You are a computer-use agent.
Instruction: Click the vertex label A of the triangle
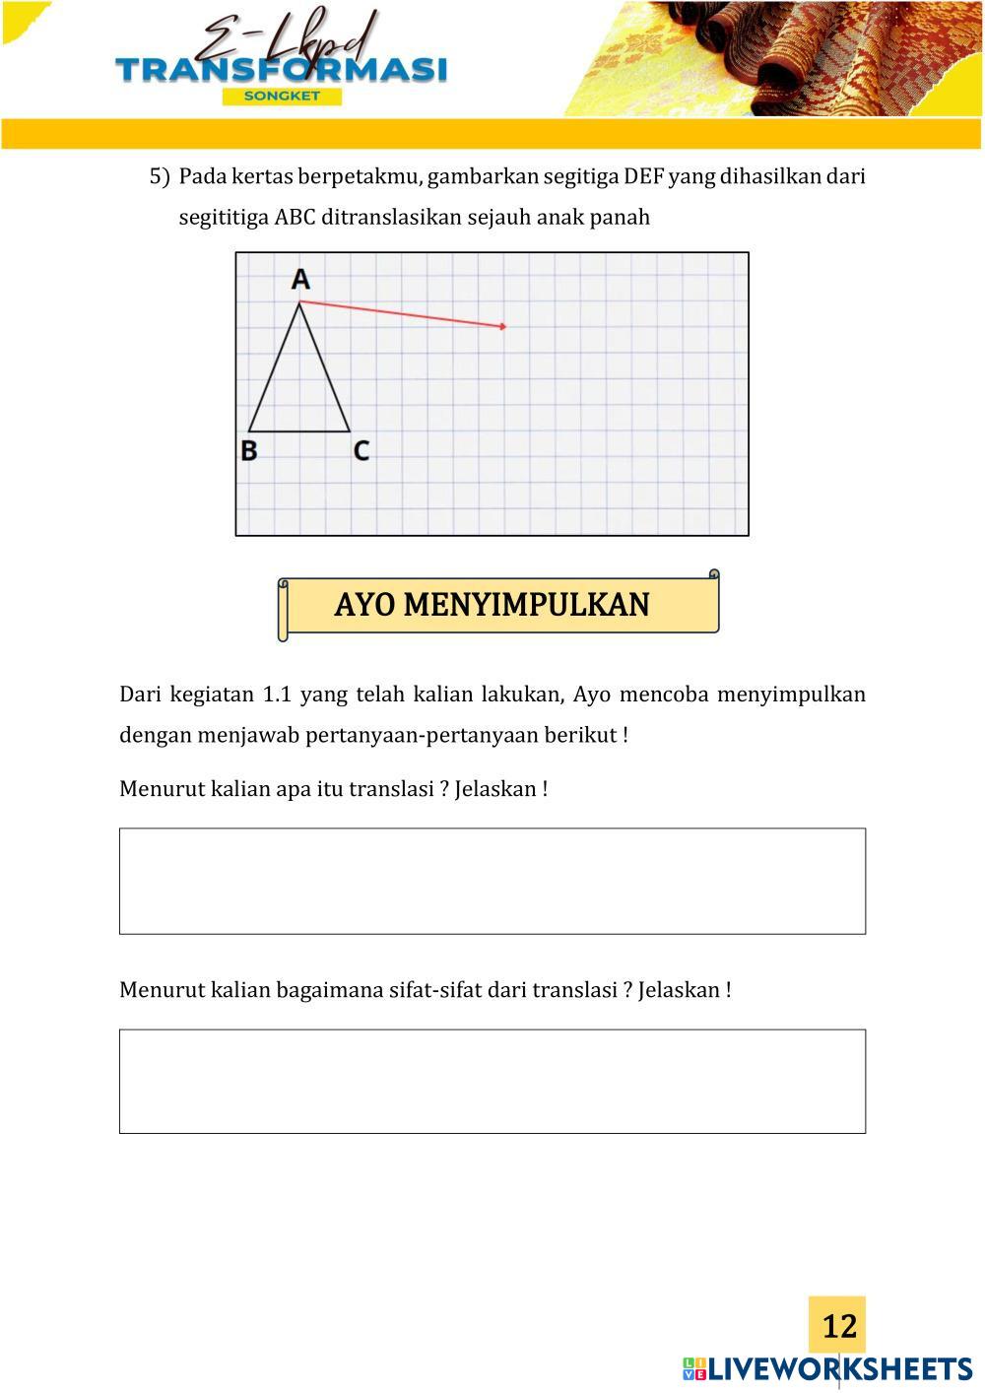300,279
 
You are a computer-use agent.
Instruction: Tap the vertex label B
249,450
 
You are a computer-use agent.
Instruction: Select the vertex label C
361,450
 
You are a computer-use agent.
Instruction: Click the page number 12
838,1326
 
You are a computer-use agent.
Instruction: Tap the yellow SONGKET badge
282,96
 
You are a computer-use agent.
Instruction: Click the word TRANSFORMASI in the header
281,70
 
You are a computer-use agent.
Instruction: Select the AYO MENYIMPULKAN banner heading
492,604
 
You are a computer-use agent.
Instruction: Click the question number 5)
160,176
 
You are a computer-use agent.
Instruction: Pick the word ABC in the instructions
295,217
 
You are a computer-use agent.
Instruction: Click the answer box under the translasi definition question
492,881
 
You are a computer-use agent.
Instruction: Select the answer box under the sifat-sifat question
492,1081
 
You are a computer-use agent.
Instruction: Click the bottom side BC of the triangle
299,431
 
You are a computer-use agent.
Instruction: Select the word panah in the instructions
620,217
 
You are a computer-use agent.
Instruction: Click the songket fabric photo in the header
788,59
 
